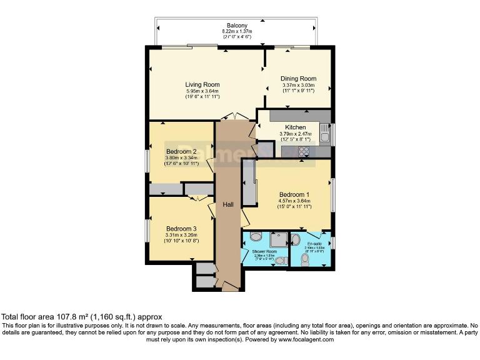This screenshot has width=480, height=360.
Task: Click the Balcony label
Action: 236,25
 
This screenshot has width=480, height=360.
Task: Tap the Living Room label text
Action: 202,84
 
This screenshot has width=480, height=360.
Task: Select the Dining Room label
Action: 298,79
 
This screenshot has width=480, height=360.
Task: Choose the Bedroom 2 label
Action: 181,151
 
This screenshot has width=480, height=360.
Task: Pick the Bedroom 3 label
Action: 181,228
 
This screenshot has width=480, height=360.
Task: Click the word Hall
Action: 228,205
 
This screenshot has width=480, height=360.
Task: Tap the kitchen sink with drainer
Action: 324,132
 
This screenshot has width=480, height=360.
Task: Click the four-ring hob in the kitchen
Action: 304,151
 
